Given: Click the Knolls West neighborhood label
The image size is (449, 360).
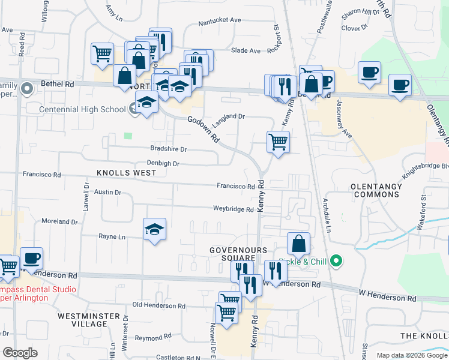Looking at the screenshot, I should tap(126, 173).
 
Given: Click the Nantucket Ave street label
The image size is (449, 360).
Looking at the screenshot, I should tap(220, 20).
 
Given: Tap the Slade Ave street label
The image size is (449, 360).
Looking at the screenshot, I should tap(246, 51).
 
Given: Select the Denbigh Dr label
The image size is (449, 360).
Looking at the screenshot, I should tap(163, 163).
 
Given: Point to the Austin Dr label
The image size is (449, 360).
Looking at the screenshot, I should tap(108, 193).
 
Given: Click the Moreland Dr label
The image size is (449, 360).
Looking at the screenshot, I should tap(59, 221).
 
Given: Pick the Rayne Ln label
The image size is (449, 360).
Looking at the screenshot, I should tap(112, 237).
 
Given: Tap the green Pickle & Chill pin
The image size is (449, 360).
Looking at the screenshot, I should tap(336, 261).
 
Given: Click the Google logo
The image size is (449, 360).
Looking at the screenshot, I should tap(20, 353).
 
